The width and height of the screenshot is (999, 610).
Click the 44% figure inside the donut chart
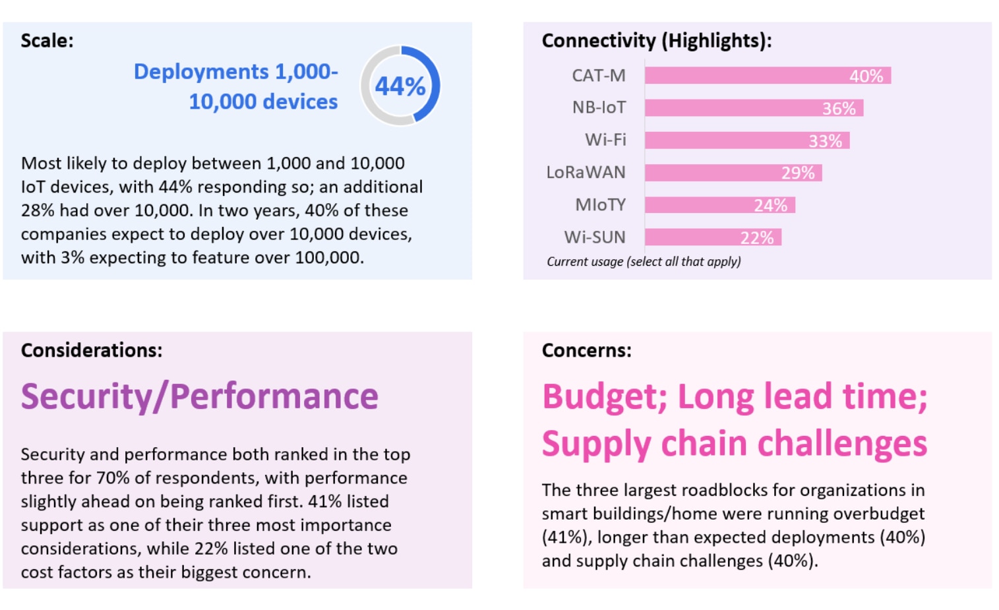coord(400,86)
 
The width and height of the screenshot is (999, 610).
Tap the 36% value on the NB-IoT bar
coord(838,108)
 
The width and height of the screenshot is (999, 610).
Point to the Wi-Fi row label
coord(605,140)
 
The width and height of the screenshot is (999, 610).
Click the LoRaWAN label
coord(586,172)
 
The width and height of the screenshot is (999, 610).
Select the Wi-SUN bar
coord(712,237)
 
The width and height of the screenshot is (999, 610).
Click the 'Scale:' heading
coord(47,41)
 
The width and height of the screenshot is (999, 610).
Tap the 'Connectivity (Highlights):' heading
coord(656,41)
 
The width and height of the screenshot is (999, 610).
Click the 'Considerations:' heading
coord(91,350)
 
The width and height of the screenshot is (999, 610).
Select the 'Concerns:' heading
coord(586,350)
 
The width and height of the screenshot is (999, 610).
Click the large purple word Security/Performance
coord(199,396)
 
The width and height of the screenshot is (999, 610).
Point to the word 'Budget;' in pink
coord(604,397)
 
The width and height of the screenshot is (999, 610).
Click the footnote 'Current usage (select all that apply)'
coord(644,262)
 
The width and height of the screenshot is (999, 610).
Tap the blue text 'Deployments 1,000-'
coord(235,71)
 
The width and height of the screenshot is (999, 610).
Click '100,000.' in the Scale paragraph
coord(329,258)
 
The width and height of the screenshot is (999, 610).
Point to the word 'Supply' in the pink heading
coord(596,444)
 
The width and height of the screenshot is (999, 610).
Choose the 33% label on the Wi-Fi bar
coord(825,141)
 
